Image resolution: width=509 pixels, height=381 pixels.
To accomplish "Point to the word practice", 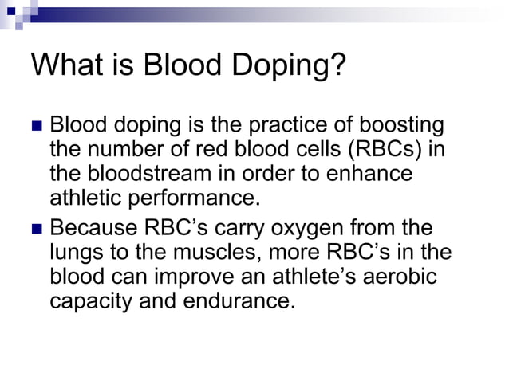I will (287, 127).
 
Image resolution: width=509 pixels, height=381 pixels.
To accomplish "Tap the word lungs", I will (77, 253).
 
